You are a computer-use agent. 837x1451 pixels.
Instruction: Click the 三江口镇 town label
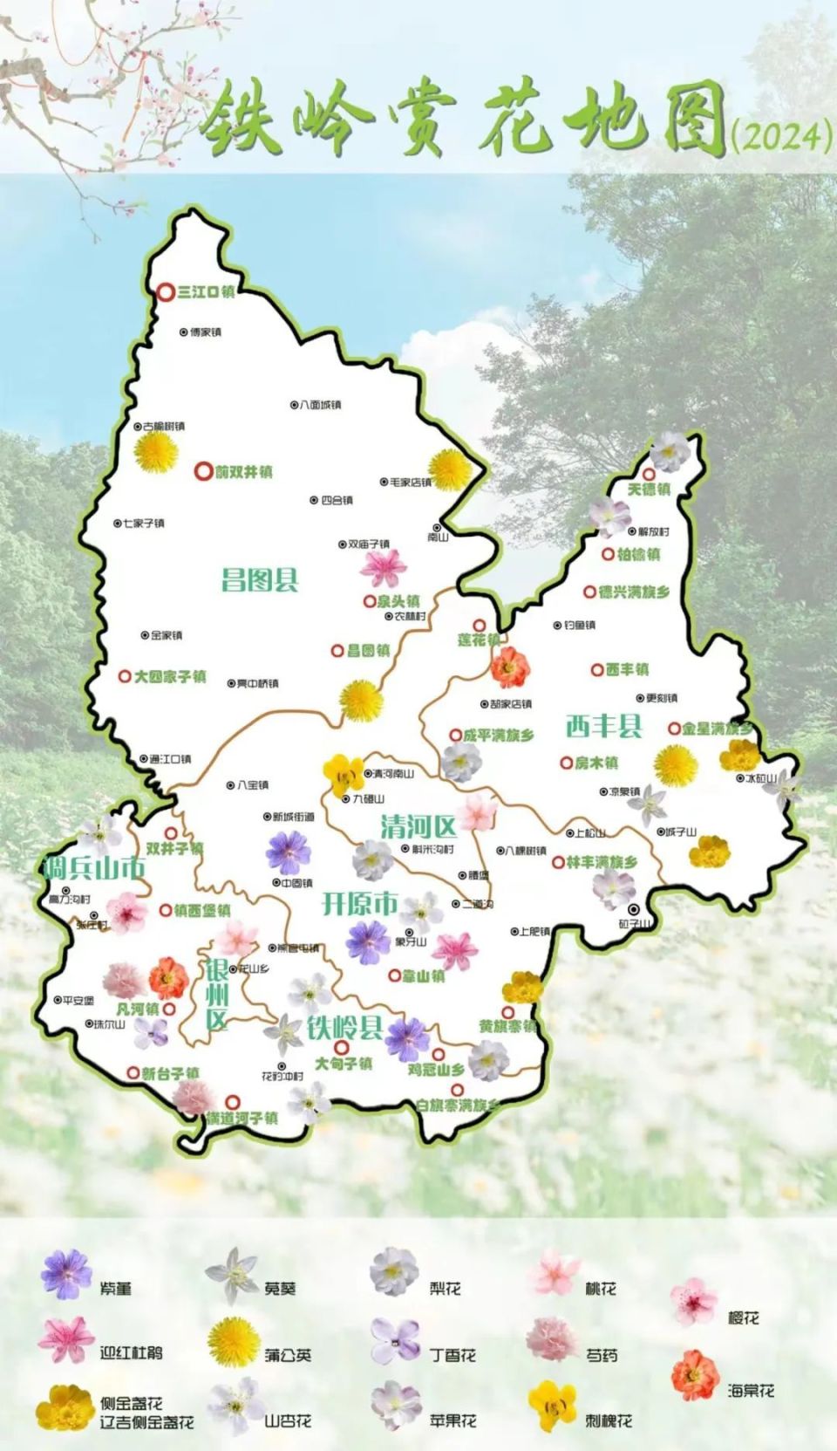click(x=206, y=292)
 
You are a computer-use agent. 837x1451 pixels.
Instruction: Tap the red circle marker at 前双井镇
click(x=203, y=471)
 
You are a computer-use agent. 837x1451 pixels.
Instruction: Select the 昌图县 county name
click(x=260, y=579)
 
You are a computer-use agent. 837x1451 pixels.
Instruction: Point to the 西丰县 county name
click(x=603, y=725)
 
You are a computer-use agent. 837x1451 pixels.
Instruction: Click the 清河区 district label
click(x=418, y=826)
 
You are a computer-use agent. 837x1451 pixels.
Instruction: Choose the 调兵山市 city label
click(x=94, y=867)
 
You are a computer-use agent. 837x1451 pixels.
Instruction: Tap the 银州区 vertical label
click(x=216, y=995)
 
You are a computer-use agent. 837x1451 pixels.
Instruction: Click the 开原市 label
click(x=360, y=903)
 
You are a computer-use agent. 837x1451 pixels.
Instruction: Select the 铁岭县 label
click(x=345, y=1028)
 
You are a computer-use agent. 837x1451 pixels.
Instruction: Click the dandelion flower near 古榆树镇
click(x=157, y=453)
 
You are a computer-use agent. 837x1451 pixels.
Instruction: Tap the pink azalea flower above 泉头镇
click(x=383, y=568)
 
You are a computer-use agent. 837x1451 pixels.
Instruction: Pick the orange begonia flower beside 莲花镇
click(x=510, y=667)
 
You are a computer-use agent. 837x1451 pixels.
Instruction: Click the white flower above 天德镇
click(x=670, y=450)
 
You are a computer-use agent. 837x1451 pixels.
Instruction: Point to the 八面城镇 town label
click(x=320, y=405)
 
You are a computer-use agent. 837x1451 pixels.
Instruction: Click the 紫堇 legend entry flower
click(x=67, y=1275)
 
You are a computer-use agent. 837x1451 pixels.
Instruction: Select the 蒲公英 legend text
click(x=288, y=1355)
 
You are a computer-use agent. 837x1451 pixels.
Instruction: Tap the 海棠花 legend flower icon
click(x=694, y=1375)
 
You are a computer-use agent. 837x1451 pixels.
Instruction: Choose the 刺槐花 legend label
click(x=608, y=1420)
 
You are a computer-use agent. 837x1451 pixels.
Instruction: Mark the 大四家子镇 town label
click(x=169, y=676)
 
